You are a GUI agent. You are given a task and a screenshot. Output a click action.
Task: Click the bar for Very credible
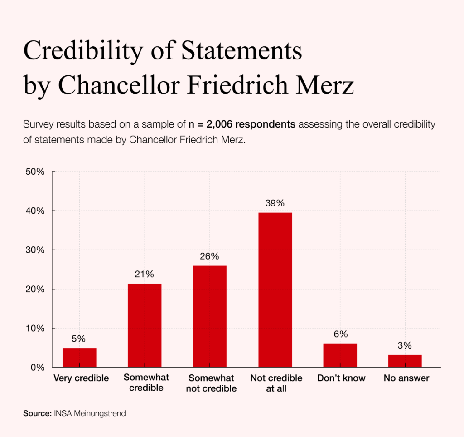[79, 357]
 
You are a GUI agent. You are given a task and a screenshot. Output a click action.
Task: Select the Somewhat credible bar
[145, 325]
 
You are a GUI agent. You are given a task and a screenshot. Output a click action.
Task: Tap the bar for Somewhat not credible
[210, 316]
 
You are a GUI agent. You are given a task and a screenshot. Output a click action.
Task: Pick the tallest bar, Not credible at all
[275, 290]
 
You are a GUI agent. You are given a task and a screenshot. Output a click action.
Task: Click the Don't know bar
[340, 355]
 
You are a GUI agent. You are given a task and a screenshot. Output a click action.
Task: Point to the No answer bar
[405, 361]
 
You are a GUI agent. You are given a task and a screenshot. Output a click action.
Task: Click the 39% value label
[275, 203]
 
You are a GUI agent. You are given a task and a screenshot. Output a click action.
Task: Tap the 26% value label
[210, 256]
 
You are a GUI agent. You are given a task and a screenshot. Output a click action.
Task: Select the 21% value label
[145, 274]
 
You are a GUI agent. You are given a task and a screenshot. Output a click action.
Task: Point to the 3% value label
[405, 345]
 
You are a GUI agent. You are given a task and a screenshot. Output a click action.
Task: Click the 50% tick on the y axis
[34, 172]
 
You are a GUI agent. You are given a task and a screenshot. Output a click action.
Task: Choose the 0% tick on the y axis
[37, 367]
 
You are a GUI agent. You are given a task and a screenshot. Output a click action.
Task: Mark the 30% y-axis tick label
[34, 250]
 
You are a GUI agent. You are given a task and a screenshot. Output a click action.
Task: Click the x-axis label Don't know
[341, 378]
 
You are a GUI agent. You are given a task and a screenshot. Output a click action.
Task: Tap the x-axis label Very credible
[81, 378]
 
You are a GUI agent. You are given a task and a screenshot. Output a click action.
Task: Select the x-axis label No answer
[406, 378]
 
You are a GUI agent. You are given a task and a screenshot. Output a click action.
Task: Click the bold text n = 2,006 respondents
[242, 124]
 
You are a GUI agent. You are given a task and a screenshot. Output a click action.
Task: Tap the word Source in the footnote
[37, 413]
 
